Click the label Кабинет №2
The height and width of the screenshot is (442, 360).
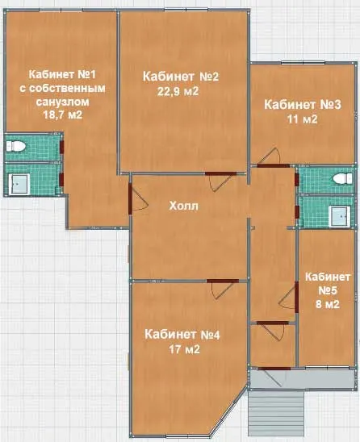pyautogui.click(x=181, y=77)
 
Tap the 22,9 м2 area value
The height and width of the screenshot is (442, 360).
pyautogui.click(x=178, y=92)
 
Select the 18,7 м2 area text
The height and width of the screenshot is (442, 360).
pyautogui.click(x=63, y=115)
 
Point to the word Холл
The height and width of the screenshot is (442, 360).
pyautogui.click(x=184, y=206)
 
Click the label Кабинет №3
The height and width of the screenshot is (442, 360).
pyautogui.click(x=303, y=105)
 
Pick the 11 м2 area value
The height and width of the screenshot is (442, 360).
pyautogui.click(x=302, y=119)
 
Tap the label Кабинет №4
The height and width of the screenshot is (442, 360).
pyautogui.click(x=182, y=335)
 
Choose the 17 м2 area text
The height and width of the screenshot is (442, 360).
pyautogui.click(x=184, y=349)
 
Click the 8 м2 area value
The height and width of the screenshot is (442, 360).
pyautogui.click(x=327, y=304)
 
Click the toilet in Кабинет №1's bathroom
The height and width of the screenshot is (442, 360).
pyautogui.click(x=16, y=146)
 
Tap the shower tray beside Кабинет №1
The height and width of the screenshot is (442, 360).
pyautogui.click(x=19, y=184)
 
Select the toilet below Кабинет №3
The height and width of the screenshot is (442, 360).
pyautogui.click(x=342, y=178)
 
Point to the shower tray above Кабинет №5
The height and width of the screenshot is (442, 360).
pyautogui.click(x=340, y=216)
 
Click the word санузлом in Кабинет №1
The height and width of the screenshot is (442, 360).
pyautogui.click(x=62, y=102)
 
